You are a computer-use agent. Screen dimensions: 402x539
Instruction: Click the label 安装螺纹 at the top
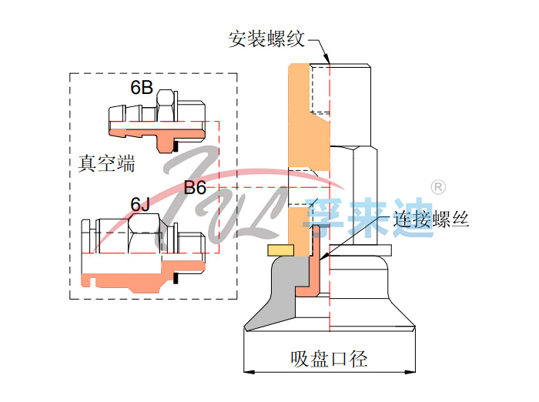click(267, 39)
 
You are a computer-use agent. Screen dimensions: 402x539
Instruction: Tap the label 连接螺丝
click(432, 219)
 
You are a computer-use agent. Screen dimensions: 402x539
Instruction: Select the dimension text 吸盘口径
click(329, 358)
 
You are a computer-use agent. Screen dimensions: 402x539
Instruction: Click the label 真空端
click(106, 163)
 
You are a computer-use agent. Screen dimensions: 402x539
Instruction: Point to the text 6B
click(142, 89)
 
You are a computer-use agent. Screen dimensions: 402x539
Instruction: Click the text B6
click(195, 188)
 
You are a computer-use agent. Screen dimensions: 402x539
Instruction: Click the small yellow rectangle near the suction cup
click(280, 250)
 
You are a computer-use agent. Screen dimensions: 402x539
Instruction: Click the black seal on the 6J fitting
click(176, 277)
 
